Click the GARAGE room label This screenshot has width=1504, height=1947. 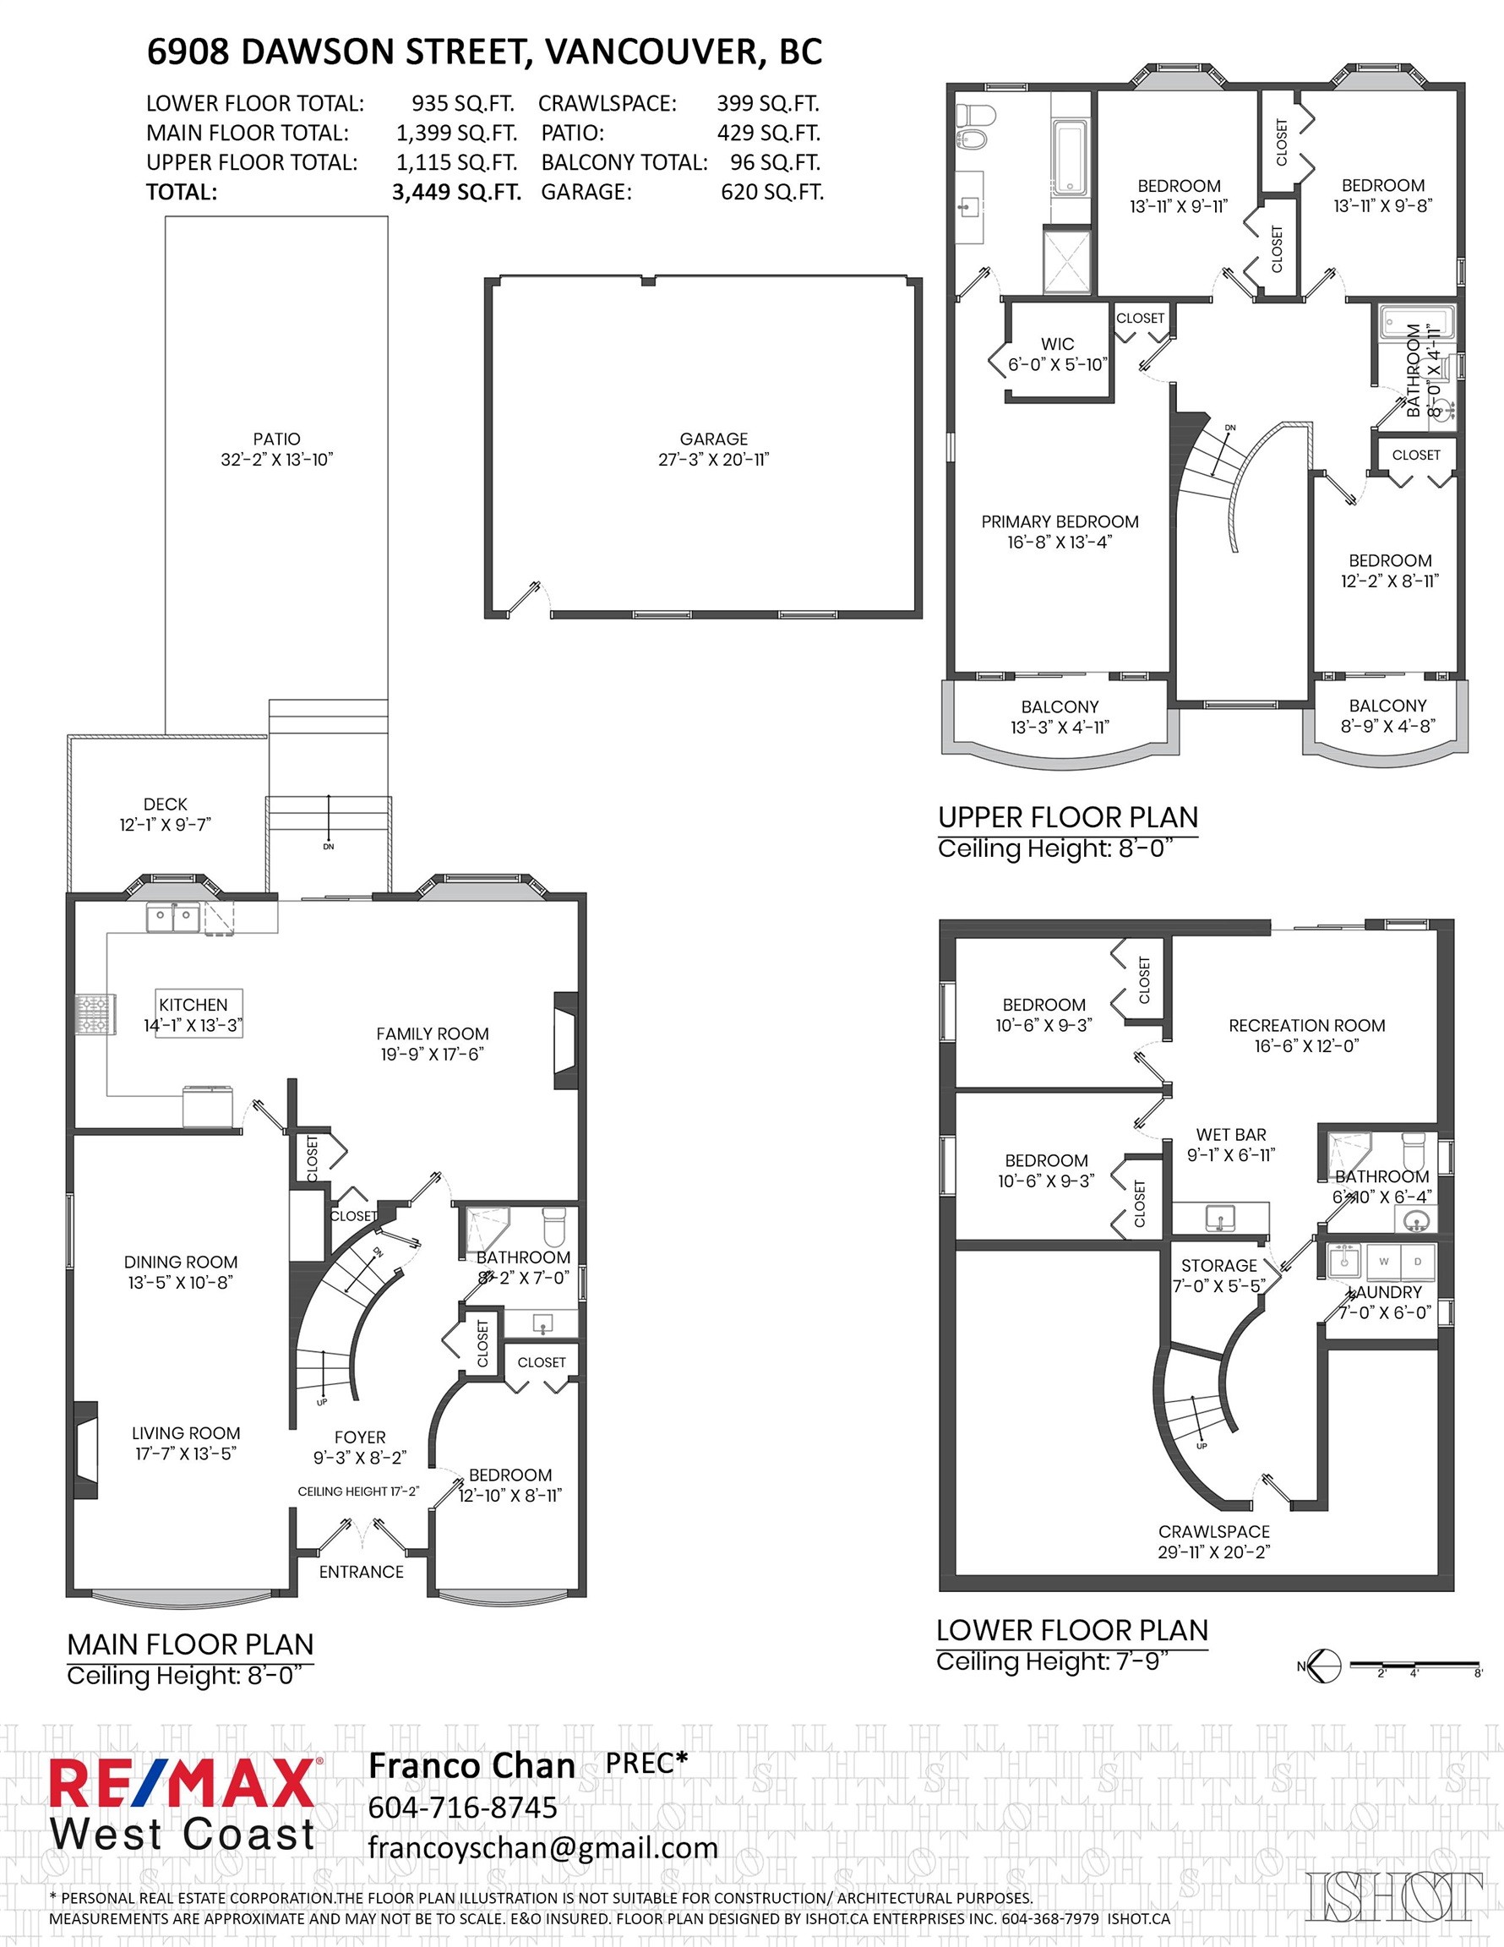pos(713,439)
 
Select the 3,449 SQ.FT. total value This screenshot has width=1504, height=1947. pos(455,193)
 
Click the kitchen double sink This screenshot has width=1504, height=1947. pos(173,919)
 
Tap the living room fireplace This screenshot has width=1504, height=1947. pos(85,1450)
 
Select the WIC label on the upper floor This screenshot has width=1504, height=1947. pos(1057,344)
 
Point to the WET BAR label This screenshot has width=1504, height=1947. pos(1230,1135)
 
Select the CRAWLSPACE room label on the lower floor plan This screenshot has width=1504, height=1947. pos(1213,1531)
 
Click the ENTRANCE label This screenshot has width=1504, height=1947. pos(361,1572)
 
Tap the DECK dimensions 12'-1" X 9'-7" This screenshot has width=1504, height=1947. pos(165,825)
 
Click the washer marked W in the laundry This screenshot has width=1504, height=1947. pos(1384,1262)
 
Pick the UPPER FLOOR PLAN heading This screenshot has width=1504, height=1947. pos(1067,817)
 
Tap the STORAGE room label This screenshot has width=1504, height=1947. pos(1218,1266)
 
